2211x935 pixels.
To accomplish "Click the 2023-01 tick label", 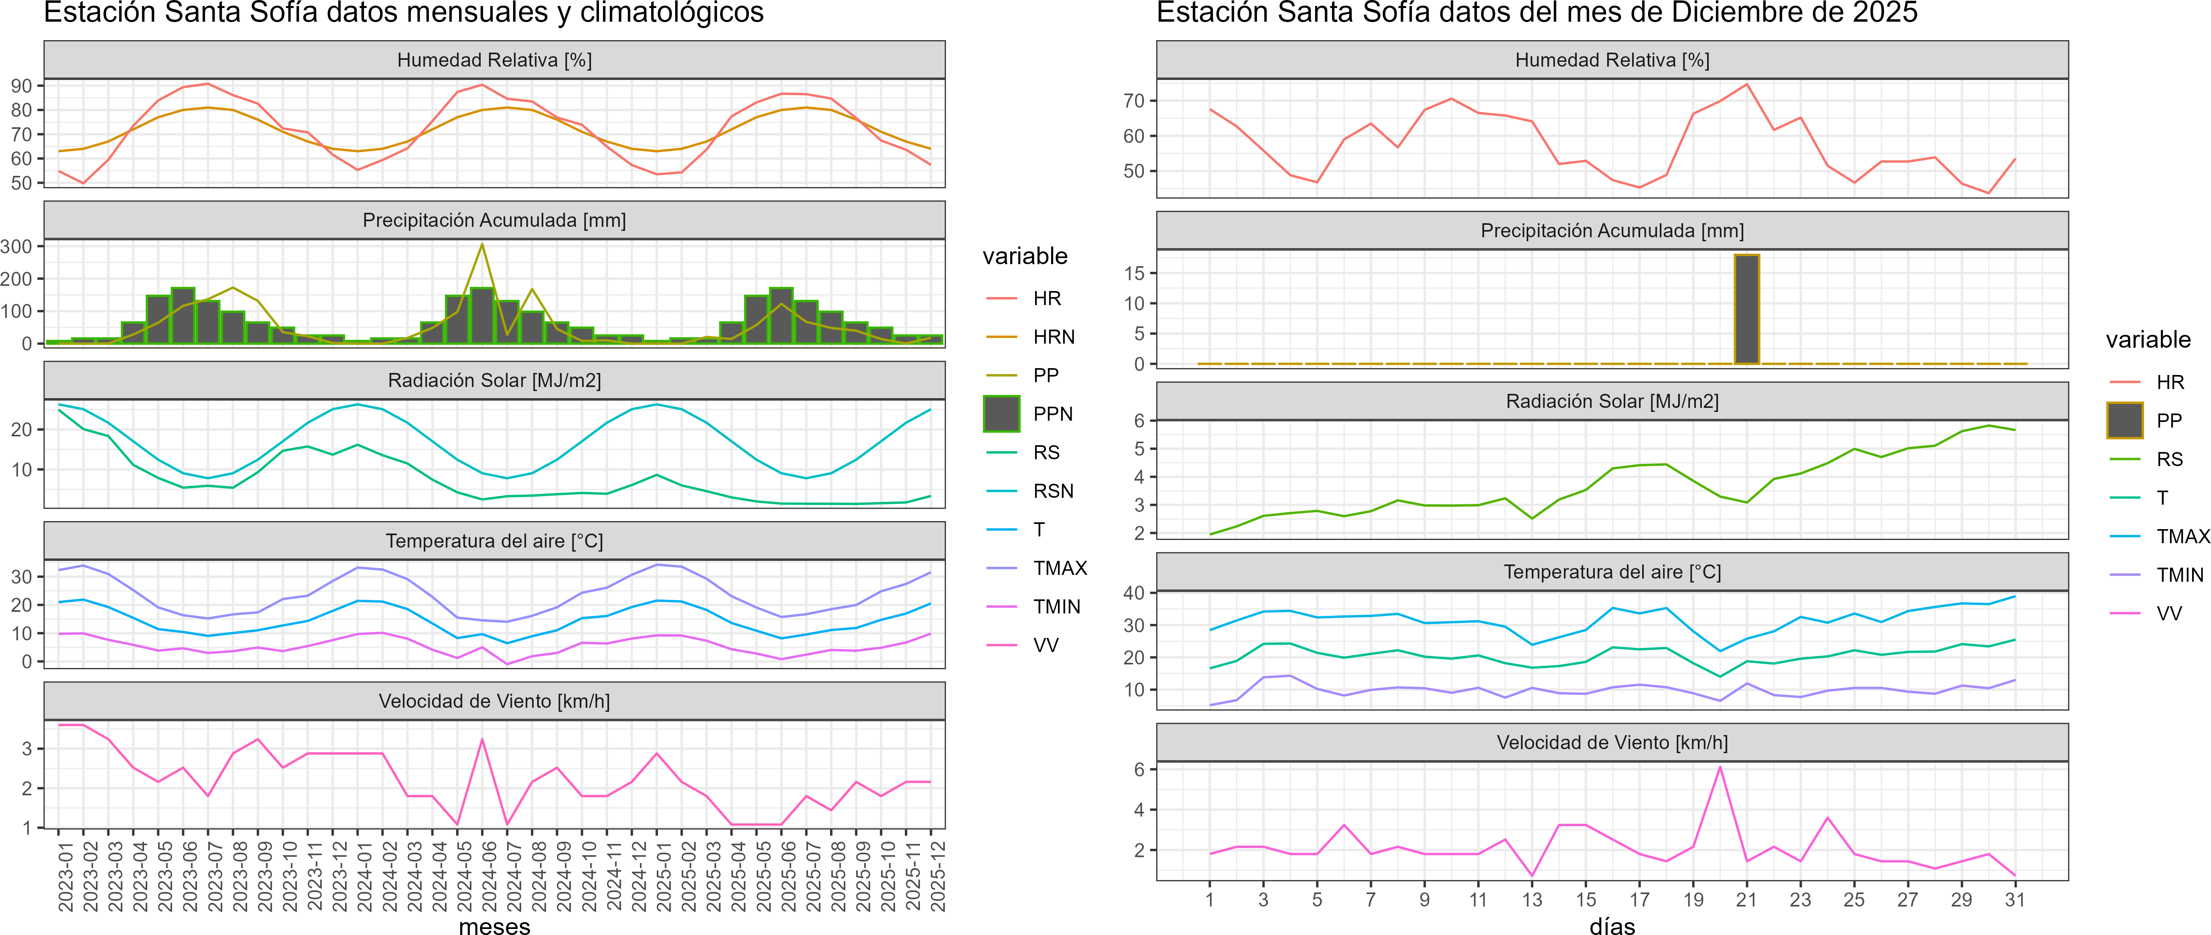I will [59, 876].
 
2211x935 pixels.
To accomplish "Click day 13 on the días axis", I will [1532, 900].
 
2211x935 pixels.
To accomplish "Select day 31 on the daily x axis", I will [2014, 900].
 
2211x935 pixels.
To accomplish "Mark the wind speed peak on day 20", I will [1719, 767].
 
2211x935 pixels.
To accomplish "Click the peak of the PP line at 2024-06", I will [482, 245].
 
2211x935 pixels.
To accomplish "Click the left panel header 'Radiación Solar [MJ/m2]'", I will [494, 380].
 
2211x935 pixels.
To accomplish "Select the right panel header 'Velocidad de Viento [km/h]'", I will [1612, 743].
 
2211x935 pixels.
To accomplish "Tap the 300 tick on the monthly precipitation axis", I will [16, 246].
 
